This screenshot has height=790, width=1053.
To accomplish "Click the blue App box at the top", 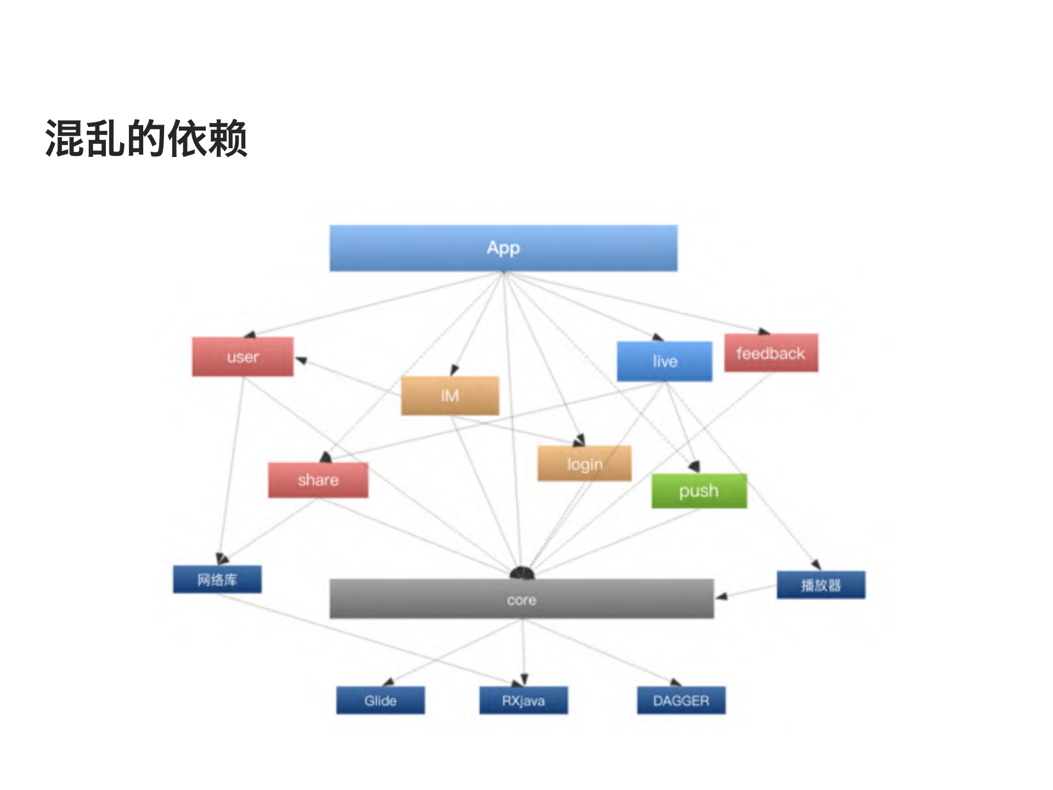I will tap(503, 248).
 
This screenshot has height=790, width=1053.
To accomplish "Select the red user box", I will tap(243, 357).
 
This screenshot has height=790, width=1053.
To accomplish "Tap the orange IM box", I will tap(450, 395).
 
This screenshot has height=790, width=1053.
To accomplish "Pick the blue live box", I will tap(665, 361).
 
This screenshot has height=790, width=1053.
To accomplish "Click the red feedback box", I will tap(771, 353).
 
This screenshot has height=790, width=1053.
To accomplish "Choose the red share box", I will tap(318, 480).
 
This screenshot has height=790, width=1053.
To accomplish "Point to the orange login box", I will tap(584, 464).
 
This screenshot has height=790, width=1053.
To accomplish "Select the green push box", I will tap(699, 491).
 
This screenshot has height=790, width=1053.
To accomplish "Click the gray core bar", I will tap(521, 599).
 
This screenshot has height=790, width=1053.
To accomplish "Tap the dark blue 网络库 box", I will tap(217, 579).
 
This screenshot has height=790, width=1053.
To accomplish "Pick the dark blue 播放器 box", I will tap(821, 585).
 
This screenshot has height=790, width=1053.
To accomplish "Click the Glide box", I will tap(380, 701).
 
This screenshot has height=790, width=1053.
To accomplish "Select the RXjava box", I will tap(523, 701).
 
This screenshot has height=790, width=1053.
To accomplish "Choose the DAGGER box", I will tap(681, 701).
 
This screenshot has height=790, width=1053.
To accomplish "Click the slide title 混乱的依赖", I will tap(147, 138).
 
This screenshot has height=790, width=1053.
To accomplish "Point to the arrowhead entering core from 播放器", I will tap(722, 596).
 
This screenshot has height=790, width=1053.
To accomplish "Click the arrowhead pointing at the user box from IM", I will tap(301, 360).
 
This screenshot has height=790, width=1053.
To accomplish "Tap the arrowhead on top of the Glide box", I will tap(389, 682).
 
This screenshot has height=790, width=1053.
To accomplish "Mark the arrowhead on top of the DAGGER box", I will tap(675, 682).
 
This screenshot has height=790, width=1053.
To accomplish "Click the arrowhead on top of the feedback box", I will tap(764, 331).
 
